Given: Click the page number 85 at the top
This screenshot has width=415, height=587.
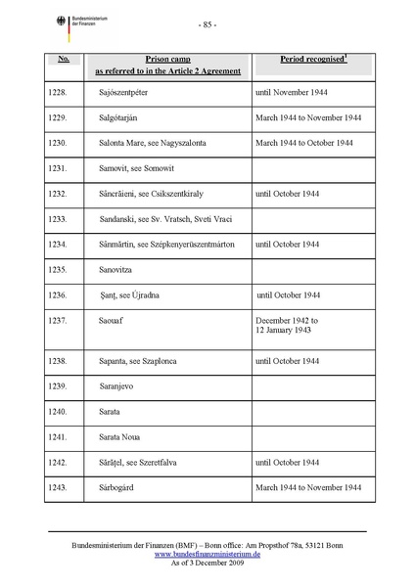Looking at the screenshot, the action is tap(207, 24).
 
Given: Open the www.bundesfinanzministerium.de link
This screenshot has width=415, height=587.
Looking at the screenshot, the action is tap(207, 552).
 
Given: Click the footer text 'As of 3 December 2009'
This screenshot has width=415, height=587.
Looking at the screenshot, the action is tap(207, 562).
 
